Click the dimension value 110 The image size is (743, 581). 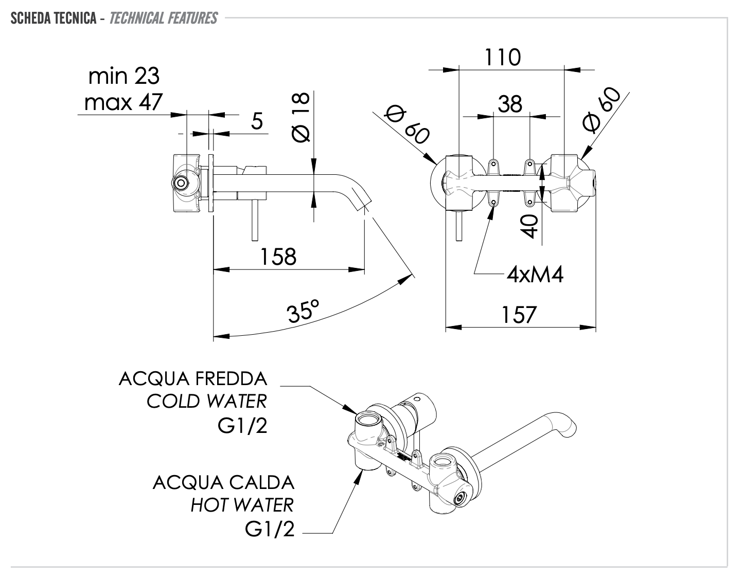click(x=503, y=57)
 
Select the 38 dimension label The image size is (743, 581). click(x=510, y=104)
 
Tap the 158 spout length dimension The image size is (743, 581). click(x=278, y=257)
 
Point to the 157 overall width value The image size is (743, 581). click(x=518, y=315)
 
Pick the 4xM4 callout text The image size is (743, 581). click(x=535, y=275)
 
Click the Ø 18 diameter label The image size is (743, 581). click(x=300, y=117)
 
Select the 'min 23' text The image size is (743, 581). click(x=124, y=76)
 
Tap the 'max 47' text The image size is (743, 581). click(x=123, y=102)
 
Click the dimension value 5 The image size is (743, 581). click(x=257, y=121)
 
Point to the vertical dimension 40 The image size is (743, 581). click(x=529, y=226)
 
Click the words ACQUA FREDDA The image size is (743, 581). click(x=193, y=379)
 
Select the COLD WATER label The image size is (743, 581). click(x=207, y=401)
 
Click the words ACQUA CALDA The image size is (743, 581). click(x=223, y=483)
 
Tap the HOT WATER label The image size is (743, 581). click(x=242, y=505)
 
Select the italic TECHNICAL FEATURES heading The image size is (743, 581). click(x=163, y=19)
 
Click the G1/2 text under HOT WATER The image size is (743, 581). click(x=270, y=529)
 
